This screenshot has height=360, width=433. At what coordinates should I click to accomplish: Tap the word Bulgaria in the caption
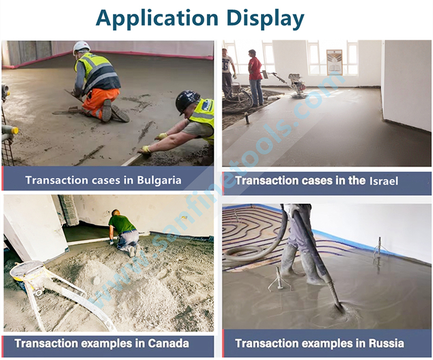click(159, 181)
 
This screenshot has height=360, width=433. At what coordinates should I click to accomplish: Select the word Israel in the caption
click(383, 181)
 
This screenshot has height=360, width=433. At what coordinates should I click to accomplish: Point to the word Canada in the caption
click(169, 343)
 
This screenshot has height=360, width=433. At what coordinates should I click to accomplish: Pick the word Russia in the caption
click(386, 343)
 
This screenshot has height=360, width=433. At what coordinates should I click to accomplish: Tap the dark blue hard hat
click(186, 101)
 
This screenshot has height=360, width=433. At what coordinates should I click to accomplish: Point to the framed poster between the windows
click(334, 62)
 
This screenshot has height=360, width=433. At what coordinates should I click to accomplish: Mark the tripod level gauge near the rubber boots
click(279, 279)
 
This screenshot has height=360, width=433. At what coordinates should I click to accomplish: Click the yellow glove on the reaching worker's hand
click(145, 149)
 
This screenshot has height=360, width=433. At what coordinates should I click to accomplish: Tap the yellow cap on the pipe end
click(16, 130)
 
